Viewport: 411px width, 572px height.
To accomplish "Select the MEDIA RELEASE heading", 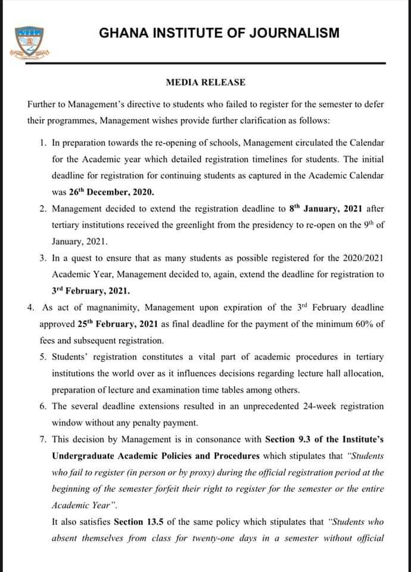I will click(205, 82).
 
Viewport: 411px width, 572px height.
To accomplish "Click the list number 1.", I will click(43, 144).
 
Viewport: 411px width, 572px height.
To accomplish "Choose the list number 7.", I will click(43, 439).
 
